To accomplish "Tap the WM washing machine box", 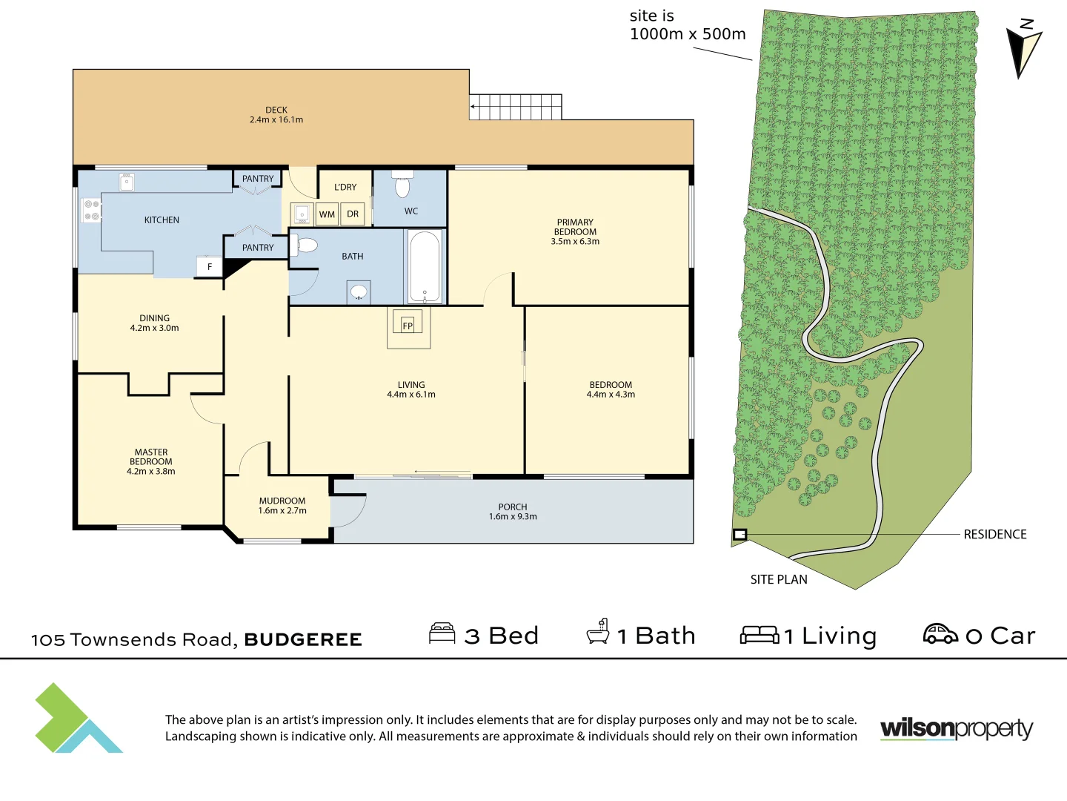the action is [x=327, y=214].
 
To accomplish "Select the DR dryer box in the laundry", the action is [x=353, y=214].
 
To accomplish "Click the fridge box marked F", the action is [x=210, y=266].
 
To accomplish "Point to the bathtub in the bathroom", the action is [x=425, y=266].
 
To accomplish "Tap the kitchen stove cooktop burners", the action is [x=91, y=210].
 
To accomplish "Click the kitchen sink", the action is [x=127, y=182].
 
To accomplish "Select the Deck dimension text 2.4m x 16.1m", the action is [x=276, y=119].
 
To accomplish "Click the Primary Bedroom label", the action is [x=575, y=227].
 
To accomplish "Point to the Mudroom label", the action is [x=282, y=501].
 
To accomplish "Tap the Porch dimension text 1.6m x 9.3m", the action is [x=513, y=516].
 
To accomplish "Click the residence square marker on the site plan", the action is [x=739, y=535].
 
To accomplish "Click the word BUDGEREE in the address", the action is [x=303, y=639].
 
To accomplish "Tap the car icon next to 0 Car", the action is [x=940, y=633].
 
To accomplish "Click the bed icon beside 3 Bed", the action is [x=442, y=633].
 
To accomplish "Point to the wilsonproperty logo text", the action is [x=957, y=729].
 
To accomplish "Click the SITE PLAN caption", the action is [x=779, y=579].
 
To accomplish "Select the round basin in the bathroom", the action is [x=359, y=291].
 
